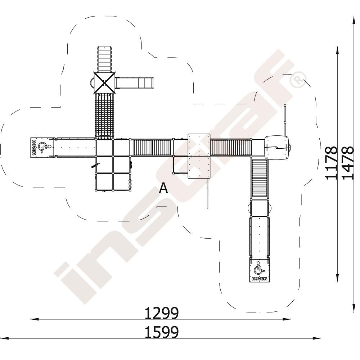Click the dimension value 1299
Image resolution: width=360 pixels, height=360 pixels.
tap(161, 313)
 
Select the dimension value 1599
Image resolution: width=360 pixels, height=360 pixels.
tap(161, 332)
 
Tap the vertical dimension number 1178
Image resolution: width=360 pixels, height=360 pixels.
tap(331, 163)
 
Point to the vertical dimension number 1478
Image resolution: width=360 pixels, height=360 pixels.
tap(347, 163)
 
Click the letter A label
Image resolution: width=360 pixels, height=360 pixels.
tap(163, 188)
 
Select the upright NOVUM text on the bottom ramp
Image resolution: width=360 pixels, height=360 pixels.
tap(260, 279)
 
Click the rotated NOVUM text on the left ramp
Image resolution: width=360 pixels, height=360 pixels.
tap(34, 148)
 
